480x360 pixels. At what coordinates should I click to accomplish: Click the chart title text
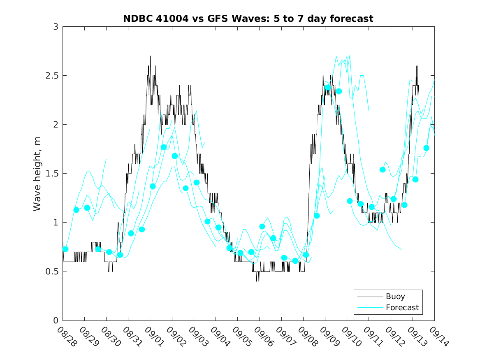tap(248, 19)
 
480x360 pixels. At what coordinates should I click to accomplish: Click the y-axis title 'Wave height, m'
tap(37, 174)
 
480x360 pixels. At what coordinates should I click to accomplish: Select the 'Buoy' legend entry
tap(395, 296)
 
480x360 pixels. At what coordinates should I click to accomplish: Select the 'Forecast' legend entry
tap(402, 307)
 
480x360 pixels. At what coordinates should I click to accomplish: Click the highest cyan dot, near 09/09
tap(328, 87)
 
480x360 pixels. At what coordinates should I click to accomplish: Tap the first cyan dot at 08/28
tap(65, 249)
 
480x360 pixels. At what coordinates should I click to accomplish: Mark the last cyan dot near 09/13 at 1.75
tap(426, 148)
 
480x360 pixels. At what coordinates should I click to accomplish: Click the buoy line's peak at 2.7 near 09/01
tap(150, 56)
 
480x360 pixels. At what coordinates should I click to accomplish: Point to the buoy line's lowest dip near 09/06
tap(257, 281)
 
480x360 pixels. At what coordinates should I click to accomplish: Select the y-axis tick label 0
tap(56, 321)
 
